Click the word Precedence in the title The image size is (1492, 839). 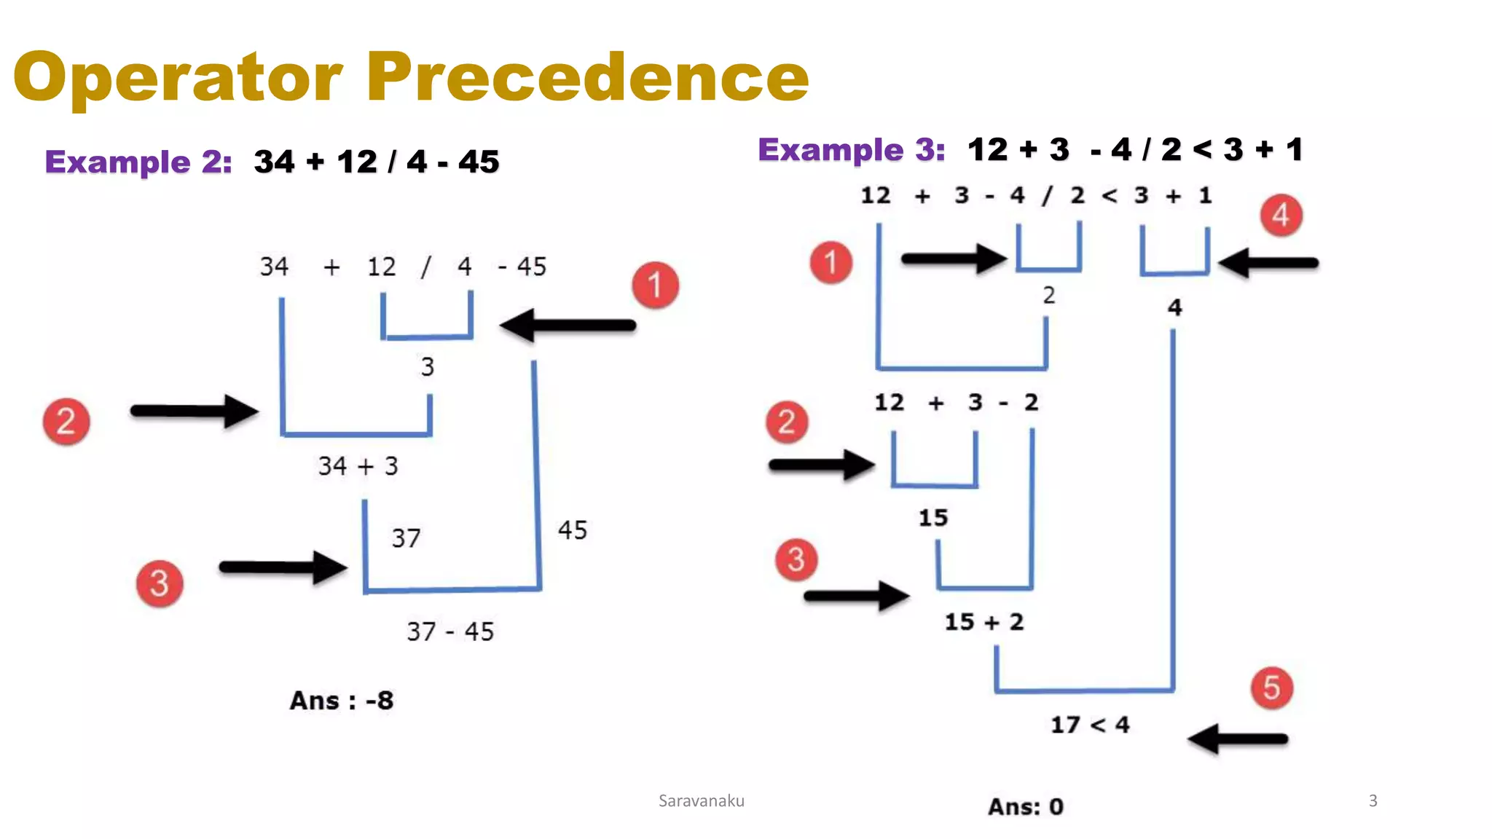click(587, 77)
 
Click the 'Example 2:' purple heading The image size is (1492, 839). click(138, 162)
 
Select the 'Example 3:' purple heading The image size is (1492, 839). click(851, 150)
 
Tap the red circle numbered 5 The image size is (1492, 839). click(1271, 688)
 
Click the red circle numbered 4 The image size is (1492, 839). click(1281, 216)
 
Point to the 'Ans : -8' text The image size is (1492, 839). click(342, 701)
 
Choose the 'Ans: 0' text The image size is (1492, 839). click(1025, 806)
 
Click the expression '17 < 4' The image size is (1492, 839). click(1090, 725)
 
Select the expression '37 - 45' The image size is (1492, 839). click(450, 631)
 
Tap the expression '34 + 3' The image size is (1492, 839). click(358, 466)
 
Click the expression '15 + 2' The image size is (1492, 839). click(984, 622)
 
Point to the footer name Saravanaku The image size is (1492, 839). click(701, 801)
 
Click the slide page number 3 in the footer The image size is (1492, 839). click(1373, 801)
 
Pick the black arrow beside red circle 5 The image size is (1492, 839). click(1238, 739)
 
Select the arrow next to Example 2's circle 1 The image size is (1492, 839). click(568, 326)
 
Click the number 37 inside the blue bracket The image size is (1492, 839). click(406, 538)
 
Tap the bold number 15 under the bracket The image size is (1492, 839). click(933, 518)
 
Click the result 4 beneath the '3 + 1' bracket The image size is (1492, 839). click(1174, 307)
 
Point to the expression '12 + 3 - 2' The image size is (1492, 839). click(956, 403)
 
